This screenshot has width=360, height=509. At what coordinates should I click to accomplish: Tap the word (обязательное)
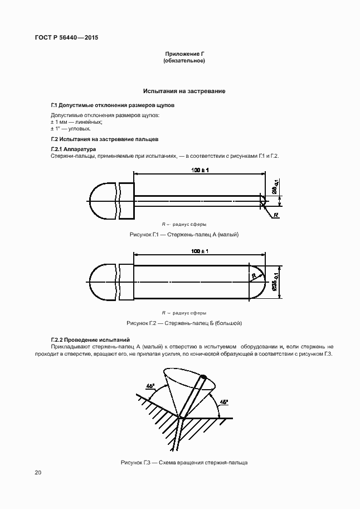coord(184,61)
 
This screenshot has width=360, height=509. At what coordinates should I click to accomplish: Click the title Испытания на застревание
coord(184,90)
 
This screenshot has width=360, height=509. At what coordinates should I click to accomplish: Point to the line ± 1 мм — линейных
coord(69,122)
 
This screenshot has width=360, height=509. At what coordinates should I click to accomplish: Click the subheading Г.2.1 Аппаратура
coord(72,149)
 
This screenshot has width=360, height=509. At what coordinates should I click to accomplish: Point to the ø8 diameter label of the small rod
coord(275,190)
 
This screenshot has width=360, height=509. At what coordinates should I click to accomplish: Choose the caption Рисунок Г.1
coord(184,235)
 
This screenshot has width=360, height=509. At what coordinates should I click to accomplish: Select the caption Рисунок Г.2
coord(184,323)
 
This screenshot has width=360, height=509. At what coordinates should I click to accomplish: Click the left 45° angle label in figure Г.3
coord(150,385)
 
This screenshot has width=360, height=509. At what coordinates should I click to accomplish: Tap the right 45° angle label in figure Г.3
coord(223,401)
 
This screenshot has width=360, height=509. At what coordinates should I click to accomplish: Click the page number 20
coord(37,473)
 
